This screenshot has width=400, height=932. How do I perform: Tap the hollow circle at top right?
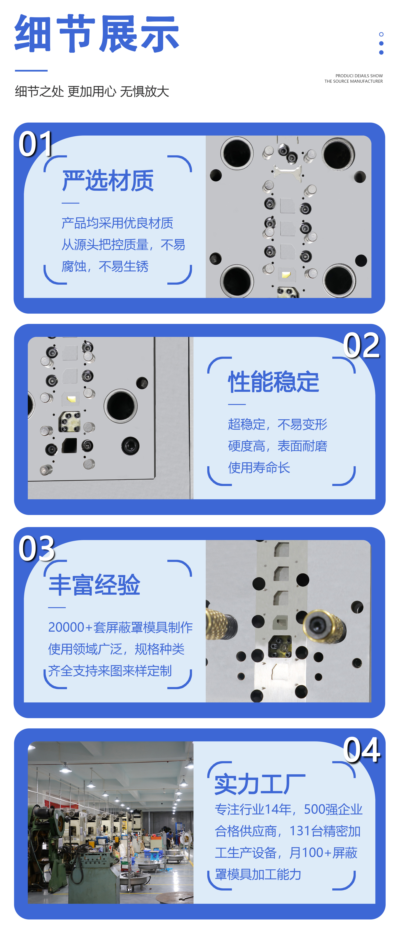click(x=381, y=34)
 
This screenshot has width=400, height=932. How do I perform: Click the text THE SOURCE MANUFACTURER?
click(x=354, y=81)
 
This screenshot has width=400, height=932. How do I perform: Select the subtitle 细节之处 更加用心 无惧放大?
click(x=92, y=91)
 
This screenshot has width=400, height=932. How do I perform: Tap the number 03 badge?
click(x=36, y=548)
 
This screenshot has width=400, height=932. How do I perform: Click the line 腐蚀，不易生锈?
click(x=105, y=266)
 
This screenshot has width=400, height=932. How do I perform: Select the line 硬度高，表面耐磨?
click(x=278, y=446)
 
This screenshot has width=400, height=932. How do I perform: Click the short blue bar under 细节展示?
click(x=31, y=70)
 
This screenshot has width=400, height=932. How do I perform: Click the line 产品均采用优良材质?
click(x=117, y=223)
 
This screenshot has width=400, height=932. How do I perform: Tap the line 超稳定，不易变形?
click(x=278, y=424)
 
